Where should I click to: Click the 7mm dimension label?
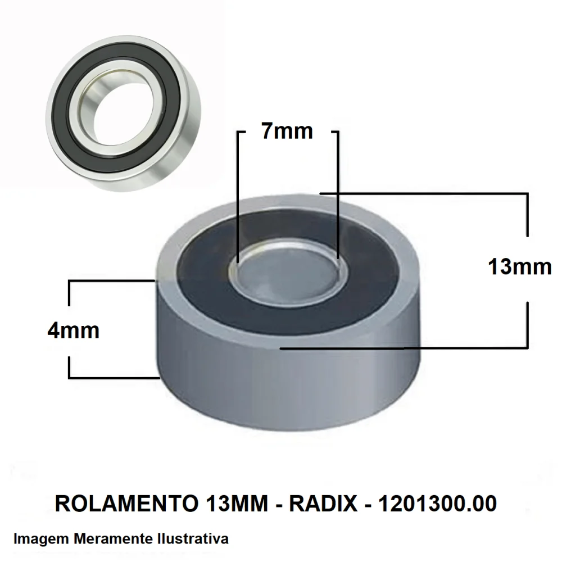(287, 132)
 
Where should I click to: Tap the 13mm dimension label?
(519, 267)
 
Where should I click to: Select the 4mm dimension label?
(73, 330)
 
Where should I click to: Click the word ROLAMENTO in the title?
(124, 504)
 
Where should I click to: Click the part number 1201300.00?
(438, 504)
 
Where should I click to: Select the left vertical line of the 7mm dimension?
(238, 197)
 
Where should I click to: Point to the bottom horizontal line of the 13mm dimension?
(405, 348)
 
